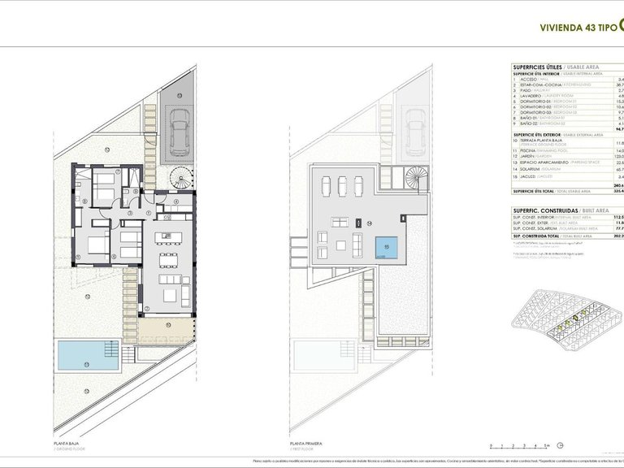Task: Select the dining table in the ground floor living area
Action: click(170, 258)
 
